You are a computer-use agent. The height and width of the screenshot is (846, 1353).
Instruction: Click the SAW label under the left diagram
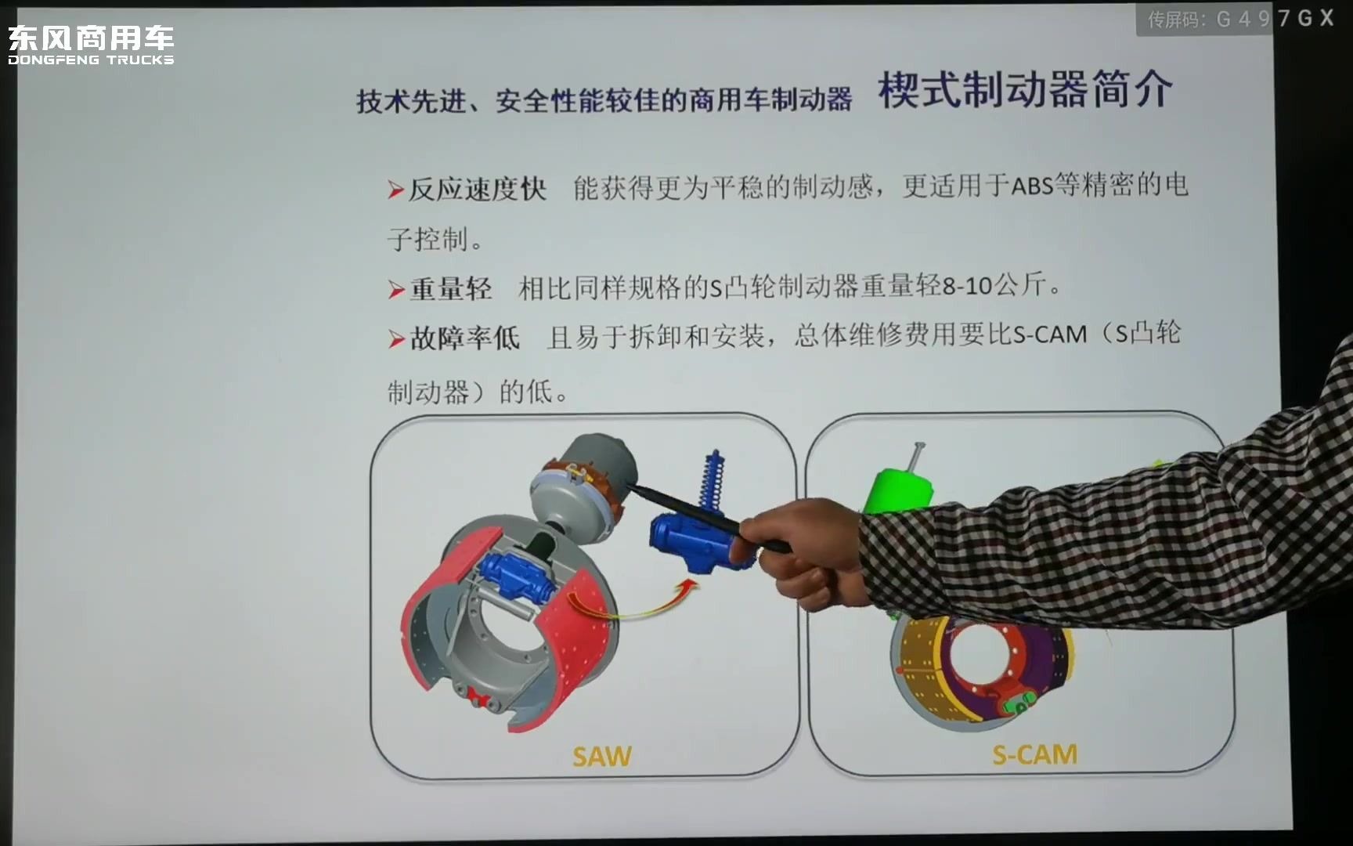601,757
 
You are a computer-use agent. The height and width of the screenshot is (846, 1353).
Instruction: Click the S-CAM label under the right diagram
1034,754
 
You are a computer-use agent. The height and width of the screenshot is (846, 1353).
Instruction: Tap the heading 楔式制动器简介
1025,90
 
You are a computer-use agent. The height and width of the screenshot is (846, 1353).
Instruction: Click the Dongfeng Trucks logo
91,45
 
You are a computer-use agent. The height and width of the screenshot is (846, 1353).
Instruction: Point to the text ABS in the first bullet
1032,186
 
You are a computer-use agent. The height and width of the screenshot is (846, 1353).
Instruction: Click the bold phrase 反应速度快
477,189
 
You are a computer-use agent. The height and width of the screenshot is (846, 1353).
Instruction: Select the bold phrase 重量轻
451,289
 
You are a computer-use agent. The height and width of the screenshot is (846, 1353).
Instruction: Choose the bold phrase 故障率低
464,338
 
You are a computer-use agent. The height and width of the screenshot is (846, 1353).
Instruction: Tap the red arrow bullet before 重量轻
396,290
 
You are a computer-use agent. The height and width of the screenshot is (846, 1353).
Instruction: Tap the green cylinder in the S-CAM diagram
897,490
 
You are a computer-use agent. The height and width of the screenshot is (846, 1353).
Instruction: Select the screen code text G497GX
1274,19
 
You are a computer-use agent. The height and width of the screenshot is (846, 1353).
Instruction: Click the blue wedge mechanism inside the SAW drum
516,580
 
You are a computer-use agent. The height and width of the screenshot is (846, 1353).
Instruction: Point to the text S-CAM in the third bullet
1050,335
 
